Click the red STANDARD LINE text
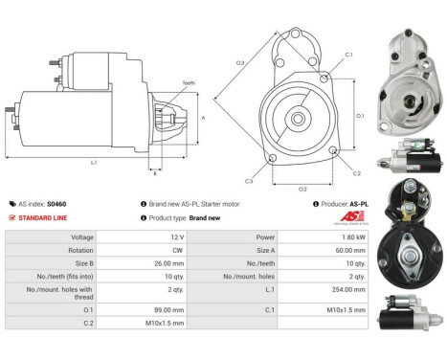click(42, 217)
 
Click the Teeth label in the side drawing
click(188, 84)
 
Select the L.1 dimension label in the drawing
click(94, 163)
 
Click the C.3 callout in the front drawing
click(248, 181)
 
